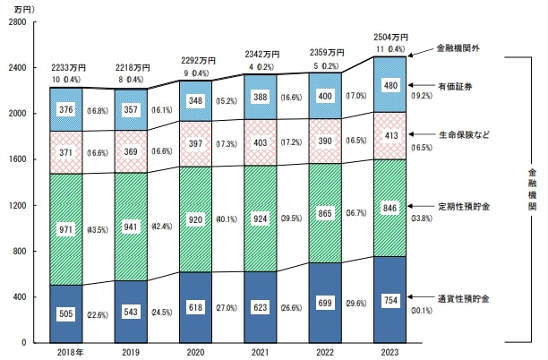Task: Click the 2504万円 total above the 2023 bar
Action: [x=390, y=37]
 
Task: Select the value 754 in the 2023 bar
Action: [x=390, y=299]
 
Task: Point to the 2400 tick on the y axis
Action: [x=18, y=68]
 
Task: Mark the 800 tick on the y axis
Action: [x=21, y=252]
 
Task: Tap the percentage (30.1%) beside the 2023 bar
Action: [x=421, y=313]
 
